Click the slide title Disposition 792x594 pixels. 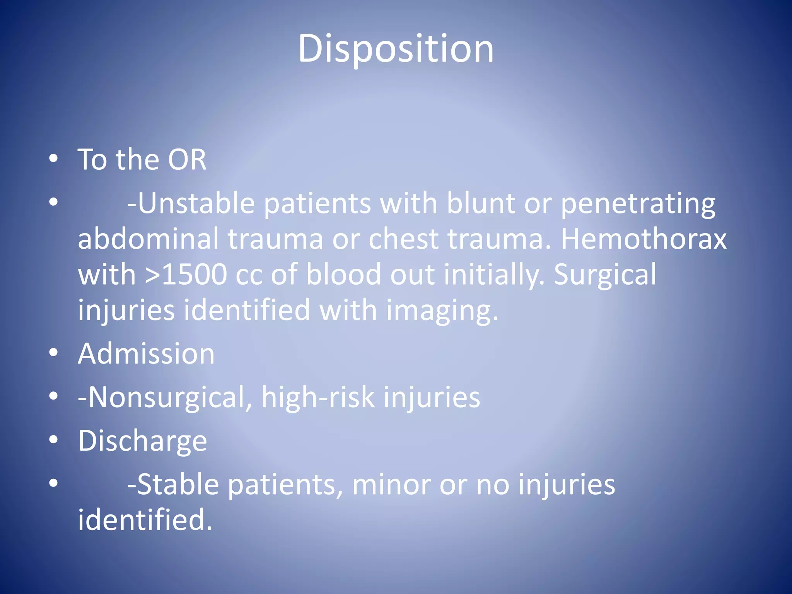coord(396,49)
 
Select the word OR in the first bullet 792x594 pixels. coord(187,160)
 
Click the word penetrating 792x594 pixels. coord(638,204)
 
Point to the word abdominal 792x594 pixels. coord(148,239)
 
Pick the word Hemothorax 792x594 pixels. coord(643,239)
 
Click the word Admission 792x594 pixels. coord(146,354)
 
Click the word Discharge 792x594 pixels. coord(142,441)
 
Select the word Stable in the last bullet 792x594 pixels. coord(178,485)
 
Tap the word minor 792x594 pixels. coord(391,485)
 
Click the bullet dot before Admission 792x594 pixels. coord(54,353)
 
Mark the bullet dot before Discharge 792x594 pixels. coord(54,440)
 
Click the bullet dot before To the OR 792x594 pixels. coord(54,158)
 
